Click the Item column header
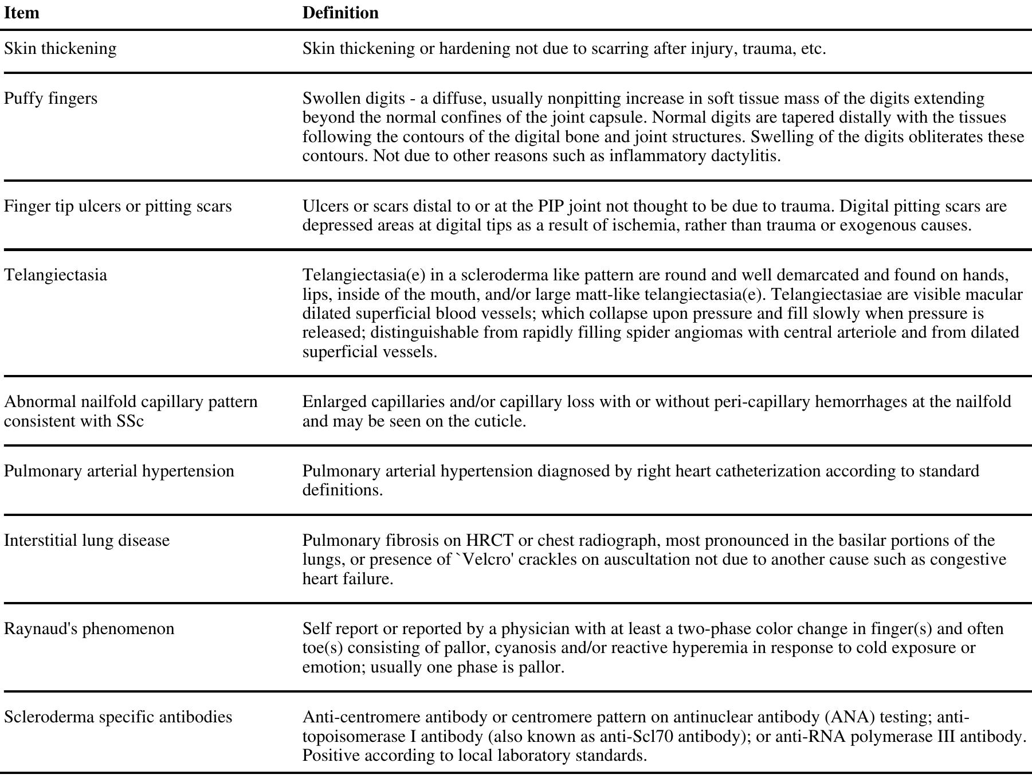21,13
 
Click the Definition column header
340,13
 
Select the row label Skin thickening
60,49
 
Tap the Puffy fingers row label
51,99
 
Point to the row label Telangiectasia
56,275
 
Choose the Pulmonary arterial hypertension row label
119,471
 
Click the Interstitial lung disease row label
87,541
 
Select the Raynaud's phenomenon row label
89,629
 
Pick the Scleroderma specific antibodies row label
118,717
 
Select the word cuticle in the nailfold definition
500,421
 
